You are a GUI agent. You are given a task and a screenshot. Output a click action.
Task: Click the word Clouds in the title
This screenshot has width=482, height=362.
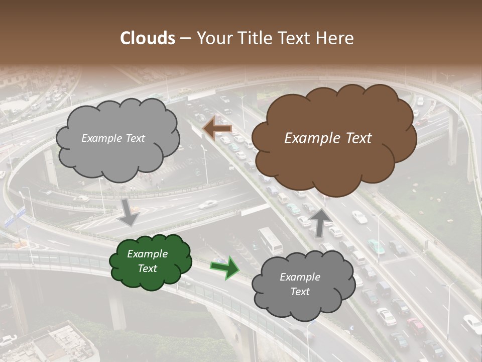pos(148,38)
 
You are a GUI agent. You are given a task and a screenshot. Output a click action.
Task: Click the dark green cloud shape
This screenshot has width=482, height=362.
pos(151,261)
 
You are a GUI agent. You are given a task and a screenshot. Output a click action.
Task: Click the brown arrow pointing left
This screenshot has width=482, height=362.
pos(217,128)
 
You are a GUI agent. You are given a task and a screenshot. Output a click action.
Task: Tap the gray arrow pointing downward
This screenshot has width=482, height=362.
pos(129,213)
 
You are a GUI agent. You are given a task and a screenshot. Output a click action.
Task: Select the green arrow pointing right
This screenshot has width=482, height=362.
pos(225,267)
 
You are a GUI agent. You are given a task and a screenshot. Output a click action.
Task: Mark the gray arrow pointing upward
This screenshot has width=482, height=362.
pos(320,222)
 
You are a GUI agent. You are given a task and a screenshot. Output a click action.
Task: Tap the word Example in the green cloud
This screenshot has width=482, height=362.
pos(147,254)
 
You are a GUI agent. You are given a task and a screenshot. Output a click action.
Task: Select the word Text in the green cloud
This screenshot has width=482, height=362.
pos(147,268)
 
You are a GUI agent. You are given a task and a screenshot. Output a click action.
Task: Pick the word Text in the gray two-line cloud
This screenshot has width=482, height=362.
pos(300,292)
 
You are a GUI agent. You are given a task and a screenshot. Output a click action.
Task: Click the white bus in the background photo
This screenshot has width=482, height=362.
pos(271,240)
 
